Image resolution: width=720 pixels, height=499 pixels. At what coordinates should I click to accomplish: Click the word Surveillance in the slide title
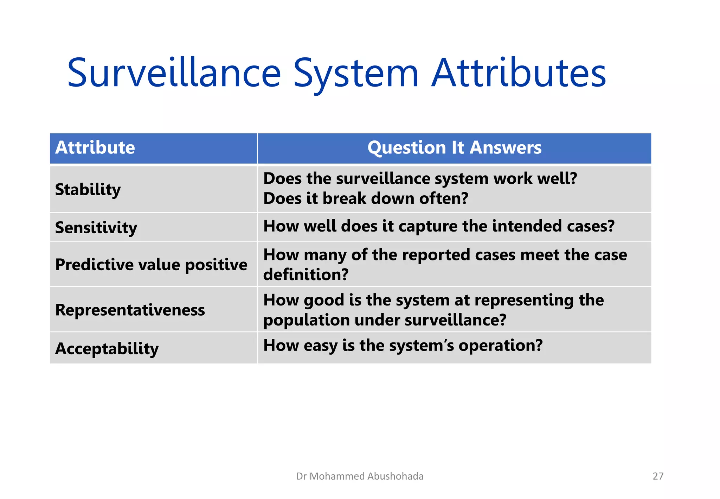(174, 73)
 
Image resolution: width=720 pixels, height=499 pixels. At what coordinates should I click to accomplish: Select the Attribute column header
(95, 148)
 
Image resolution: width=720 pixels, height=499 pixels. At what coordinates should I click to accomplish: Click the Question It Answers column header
(454, 148)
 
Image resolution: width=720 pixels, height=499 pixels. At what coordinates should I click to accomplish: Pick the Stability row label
(88, 190)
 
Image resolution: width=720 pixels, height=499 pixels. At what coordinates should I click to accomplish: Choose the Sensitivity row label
(96, 228)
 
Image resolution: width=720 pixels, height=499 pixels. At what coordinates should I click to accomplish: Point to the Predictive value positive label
(151, 265)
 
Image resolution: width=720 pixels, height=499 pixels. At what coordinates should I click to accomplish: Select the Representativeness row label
(130, 310)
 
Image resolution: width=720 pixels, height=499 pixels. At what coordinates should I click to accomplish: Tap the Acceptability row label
(107, 348)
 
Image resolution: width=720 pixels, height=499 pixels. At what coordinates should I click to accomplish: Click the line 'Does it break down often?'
(366, 198)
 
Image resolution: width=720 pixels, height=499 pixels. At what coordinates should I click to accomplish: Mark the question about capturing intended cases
(439, 226)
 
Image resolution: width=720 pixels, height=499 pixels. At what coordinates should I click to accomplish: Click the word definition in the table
(306, 274)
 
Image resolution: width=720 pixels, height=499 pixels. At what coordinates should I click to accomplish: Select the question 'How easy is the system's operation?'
(403, 345)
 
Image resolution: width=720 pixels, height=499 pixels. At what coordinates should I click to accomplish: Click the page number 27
(658, 476)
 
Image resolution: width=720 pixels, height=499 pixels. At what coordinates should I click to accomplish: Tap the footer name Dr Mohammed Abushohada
(360, 476)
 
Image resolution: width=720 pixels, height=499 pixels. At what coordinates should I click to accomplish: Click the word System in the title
(355, 73)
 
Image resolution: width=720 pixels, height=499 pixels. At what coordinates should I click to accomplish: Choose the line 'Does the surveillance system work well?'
(420, 179)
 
